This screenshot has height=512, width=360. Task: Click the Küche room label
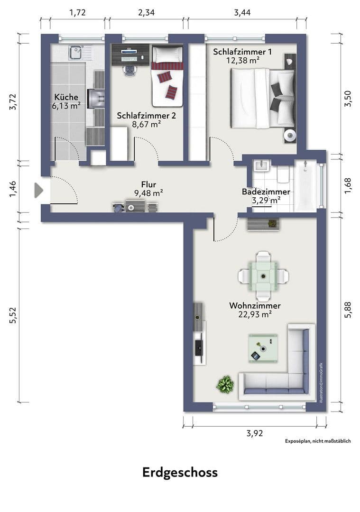click(66, 97)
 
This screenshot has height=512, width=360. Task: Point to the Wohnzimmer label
click(255, 306)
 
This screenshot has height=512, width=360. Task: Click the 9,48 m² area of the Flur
click(148, 192)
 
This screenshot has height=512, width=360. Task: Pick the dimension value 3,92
click(255, 433)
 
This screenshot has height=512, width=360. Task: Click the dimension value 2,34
click(146, 13)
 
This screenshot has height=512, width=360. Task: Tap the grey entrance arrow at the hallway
click(38, 191)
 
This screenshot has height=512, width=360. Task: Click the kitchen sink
click(76, 52)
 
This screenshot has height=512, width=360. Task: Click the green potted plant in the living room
click(225, 384)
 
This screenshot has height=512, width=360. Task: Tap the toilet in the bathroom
click(284, 176)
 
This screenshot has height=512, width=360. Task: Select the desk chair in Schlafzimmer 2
click(129, 70)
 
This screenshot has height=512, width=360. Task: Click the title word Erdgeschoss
click(180, 473)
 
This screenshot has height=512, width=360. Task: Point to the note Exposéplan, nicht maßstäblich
click(317, 441)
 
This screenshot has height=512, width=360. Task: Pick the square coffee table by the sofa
click(263, 348)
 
